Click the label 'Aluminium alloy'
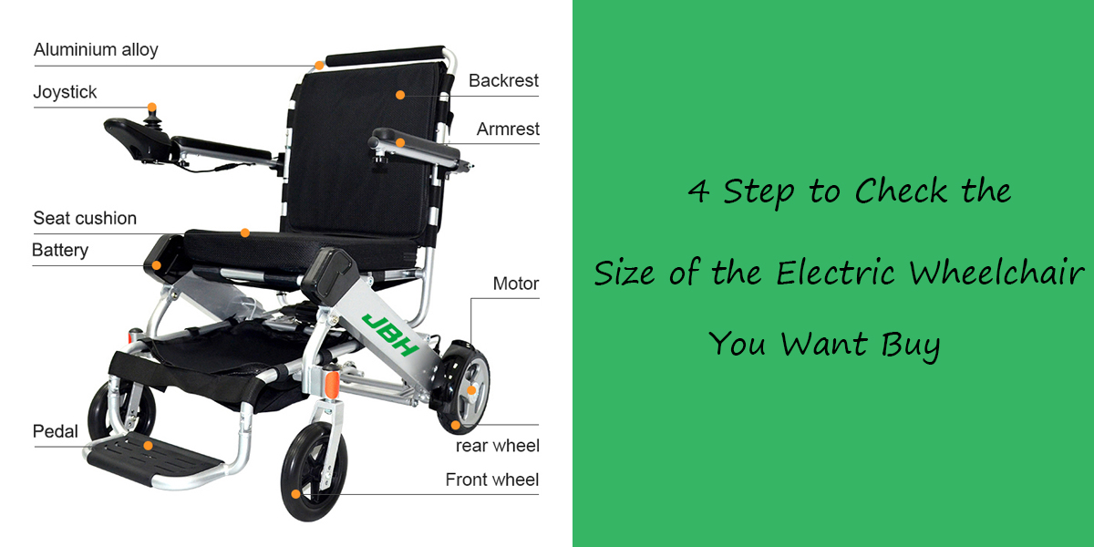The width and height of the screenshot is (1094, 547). [x=96, y=50]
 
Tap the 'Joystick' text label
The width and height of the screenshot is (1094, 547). [x=65, y=92]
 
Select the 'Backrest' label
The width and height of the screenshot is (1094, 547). [x=503, y=81]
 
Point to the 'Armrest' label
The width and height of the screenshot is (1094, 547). [x=508, y=129]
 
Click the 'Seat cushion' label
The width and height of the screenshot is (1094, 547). [x=85, y=219]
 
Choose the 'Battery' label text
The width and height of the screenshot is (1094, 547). [x=60, y=250]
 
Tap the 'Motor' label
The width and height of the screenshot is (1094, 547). [x=515, y=284]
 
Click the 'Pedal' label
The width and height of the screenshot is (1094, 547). [x=56, y=431]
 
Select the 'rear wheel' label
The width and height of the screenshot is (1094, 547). [x=497, y=446]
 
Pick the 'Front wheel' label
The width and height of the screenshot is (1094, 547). [x=491, y=480]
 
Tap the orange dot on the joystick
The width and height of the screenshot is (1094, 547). [x=152, y=108]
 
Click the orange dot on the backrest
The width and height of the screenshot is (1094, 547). [x=399, y=94]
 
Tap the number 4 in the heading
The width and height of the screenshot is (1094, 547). [x=697, y=192]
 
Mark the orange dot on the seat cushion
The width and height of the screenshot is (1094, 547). [x=245, y=233]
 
